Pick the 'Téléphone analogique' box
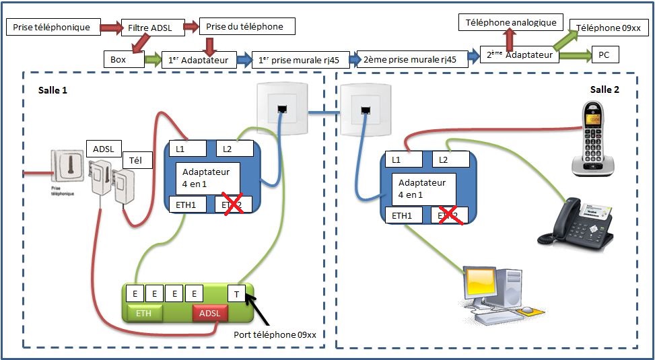[x=512, y=22]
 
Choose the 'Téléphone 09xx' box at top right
[x=611, y=28]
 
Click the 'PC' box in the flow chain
[x=604, y=55]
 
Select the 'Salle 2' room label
[x=605, y=89]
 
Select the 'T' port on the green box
[x=237, y=293]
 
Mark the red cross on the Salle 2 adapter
[x=450, y=215]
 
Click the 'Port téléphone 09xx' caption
[x=275, y=334]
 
